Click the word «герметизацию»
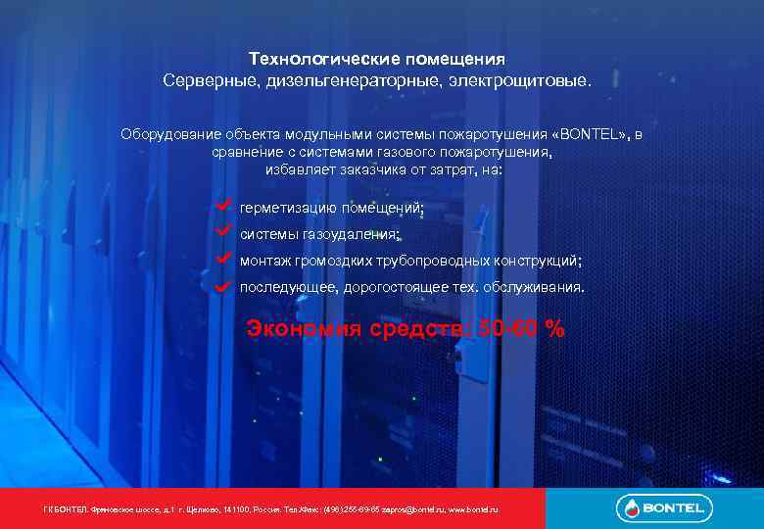tap(287, 208)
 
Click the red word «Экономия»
tap(306, 328)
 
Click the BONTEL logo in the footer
tap(664, 507)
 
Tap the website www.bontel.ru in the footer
tap(473, 510)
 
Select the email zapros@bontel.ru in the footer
tap(412, 510)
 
